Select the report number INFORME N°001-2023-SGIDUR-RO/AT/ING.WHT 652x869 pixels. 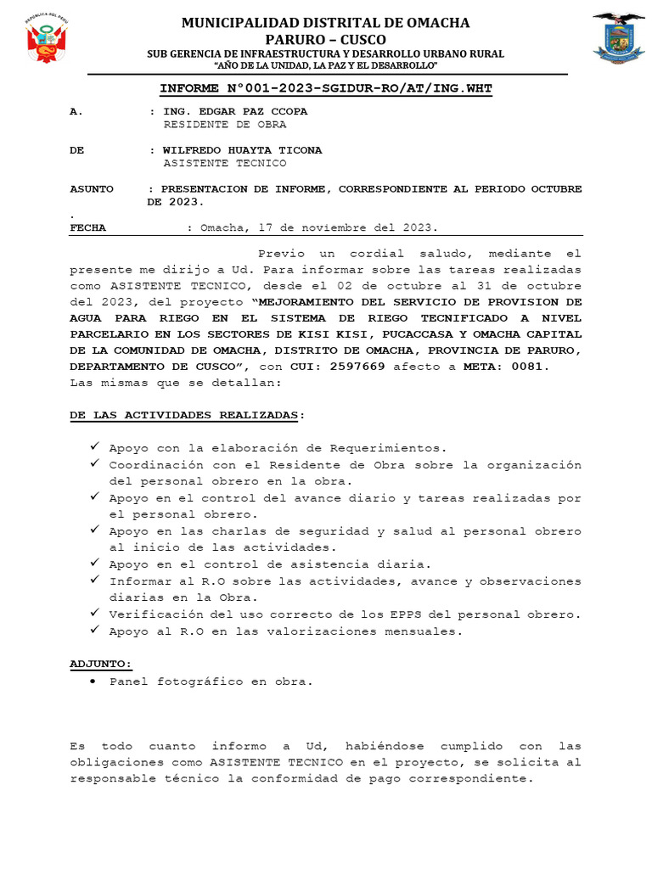tap(326, 88)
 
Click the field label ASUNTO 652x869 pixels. tap(91, 189)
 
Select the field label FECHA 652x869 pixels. tap(88, 227)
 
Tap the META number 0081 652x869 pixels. tap(528, 367)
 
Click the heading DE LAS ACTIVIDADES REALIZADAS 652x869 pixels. tap(184, 415)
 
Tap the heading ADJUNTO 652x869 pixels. tap(100, 664)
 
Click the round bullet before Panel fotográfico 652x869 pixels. tap(93, 681)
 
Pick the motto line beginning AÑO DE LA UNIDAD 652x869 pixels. tap(326, 66)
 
